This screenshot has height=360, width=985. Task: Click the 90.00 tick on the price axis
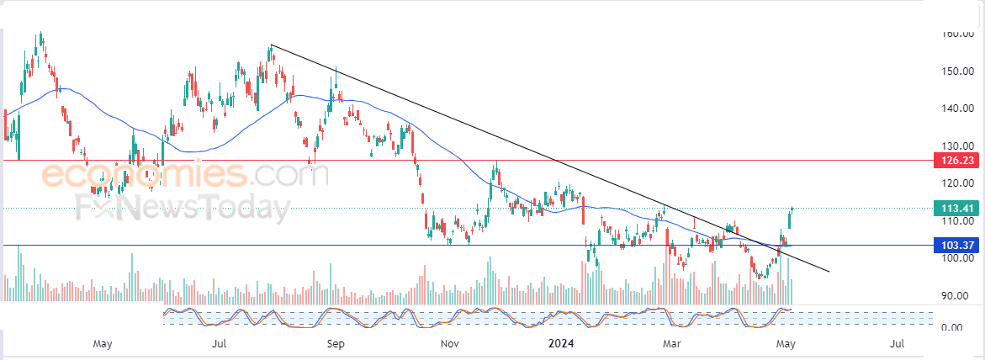tap(956, 295)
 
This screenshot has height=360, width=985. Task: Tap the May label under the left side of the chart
tap(103, 343)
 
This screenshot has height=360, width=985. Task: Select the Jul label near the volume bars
tap(220, 343)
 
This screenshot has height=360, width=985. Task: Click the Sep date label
tap(336, 343)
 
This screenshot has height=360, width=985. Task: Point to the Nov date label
tap(449, 343)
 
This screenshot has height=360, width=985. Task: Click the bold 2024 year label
tap(561, 343)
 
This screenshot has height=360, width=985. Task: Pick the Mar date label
tap(671, 343)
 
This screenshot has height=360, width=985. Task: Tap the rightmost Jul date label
tap(898, 343)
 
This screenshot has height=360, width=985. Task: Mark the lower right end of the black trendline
tap(829, 271)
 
